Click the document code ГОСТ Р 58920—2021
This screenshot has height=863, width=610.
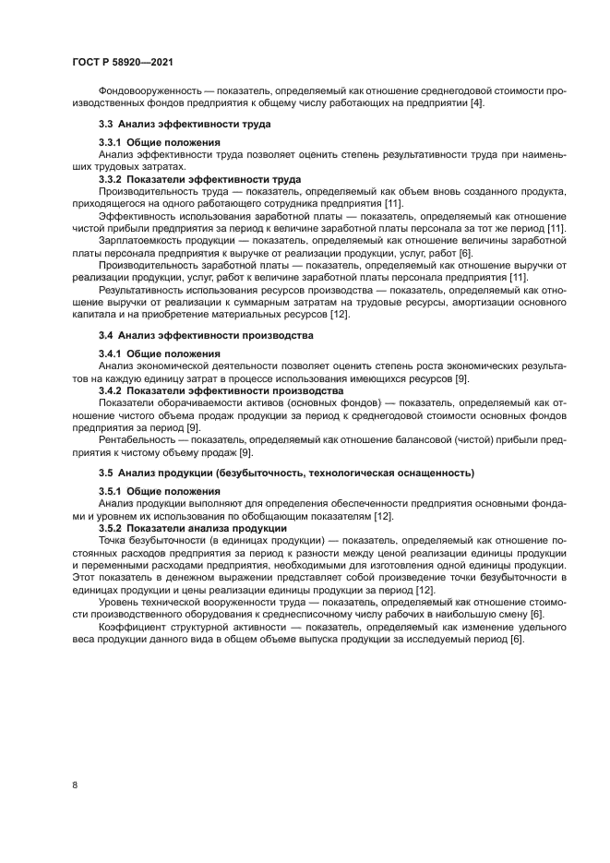(124, 62)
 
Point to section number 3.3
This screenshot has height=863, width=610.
(106, 124)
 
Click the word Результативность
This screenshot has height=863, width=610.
(140, 289)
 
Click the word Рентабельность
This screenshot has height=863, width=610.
(137, 439)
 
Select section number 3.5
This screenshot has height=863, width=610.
(106, 473)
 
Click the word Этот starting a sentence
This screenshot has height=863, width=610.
(86, 577)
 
